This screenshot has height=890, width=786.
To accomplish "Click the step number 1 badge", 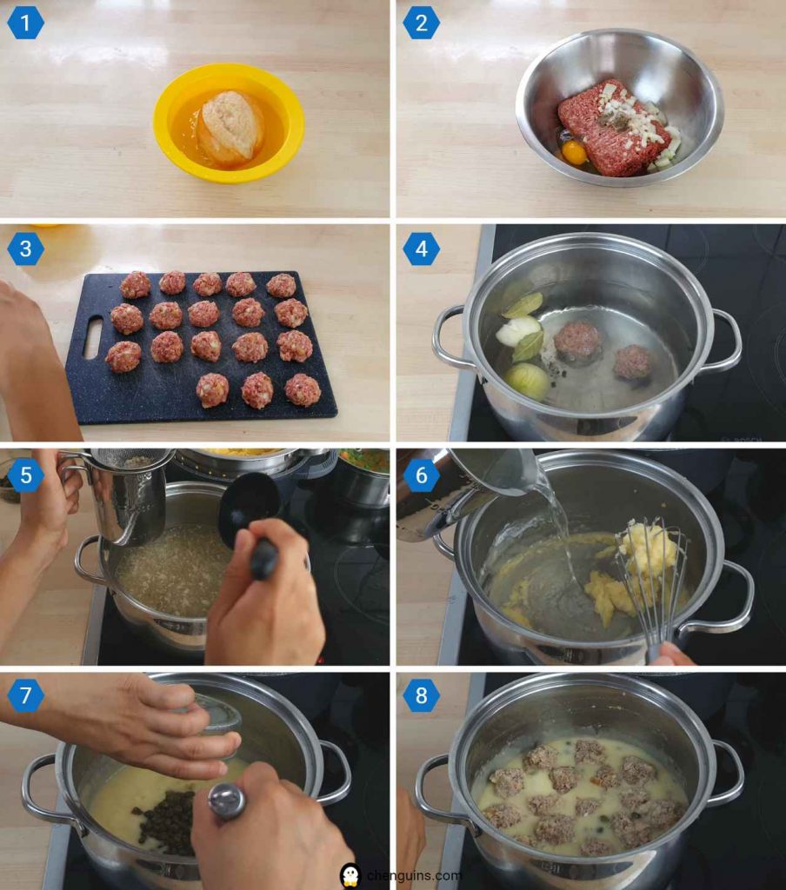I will coord(25,23).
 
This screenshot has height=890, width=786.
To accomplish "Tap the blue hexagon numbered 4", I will coord(421,249).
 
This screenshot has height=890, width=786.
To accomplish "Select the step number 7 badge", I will coord(25,695).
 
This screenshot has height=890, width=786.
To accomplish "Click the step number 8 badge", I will coord(421,695).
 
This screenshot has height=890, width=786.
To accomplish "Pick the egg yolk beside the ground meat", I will coord(574,152).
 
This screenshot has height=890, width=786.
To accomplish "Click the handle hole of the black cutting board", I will coord(92,337).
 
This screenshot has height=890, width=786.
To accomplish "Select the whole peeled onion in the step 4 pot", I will coord(528,380).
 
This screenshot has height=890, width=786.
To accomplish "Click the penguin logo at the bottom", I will coord(350,874).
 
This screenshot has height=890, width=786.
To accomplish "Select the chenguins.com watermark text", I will coord(413,875).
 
